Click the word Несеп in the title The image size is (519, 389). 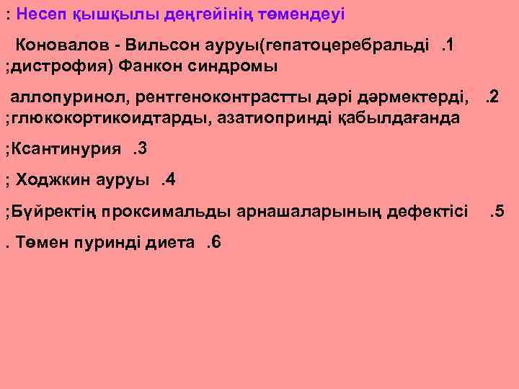40,14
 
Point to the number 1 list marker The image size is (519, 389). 448,47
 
